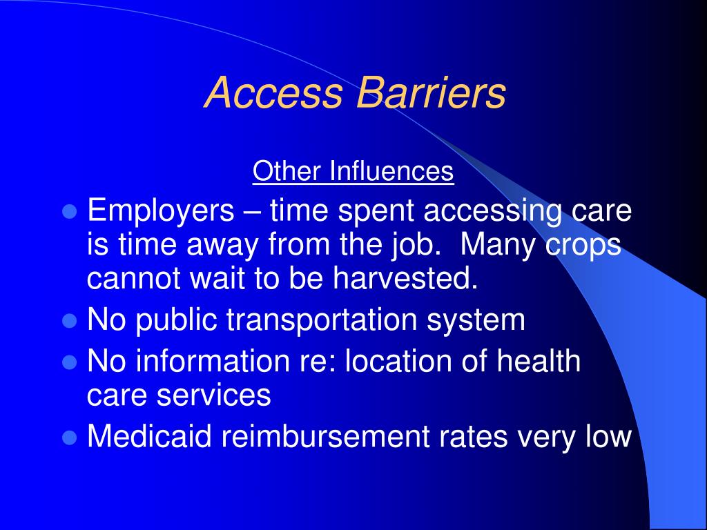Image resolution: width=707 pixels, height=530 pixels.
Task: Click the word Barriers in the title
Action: coord(431,92)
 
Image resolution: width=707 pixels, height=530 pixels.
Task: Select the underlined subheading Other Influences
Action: coord(353,172)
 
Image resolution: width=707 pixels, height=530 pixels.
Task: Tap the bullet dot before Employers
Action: coord(68,212)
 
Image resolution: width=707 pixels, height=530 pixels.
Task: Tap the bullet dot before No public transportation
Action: coord(68,321)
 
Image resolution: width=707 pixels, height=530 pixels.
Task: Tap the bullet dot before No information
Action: coord(68,362)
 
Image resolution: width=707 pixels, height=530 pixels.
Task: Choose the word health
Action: coord(541,362)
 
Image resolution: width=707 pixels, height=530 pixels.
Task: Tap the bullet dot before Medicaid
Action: coord(68,438)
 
